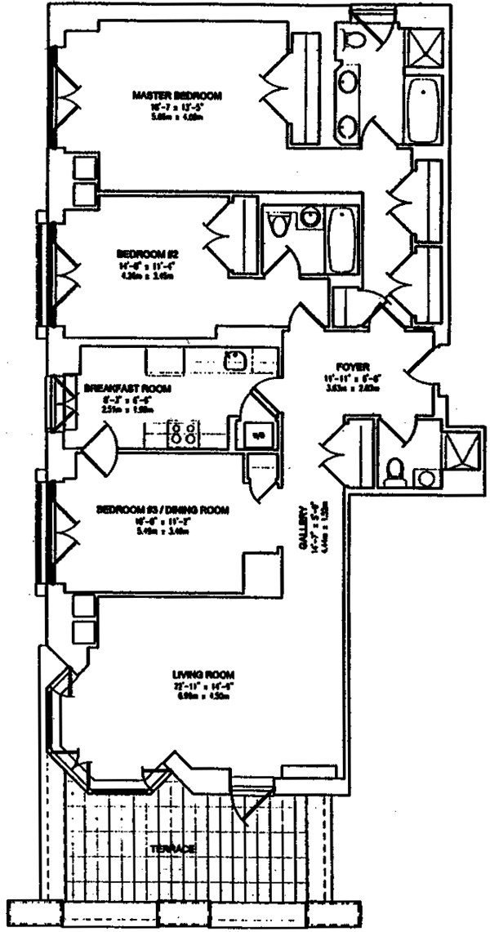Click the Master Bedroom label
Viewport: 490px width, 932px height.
tap(176, 96)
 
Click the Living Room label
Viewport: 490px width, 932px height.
tap(203, 674)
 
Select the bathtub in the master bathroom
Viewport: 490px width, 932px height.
tap(424, 110)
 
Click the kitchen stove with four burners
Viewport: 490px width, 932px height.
tap(183, 431)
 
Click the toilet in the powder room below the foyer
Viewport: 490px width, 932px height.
tap(394, 471)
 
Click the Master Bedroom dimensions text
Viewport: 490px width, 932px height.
tap(176, 110)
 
